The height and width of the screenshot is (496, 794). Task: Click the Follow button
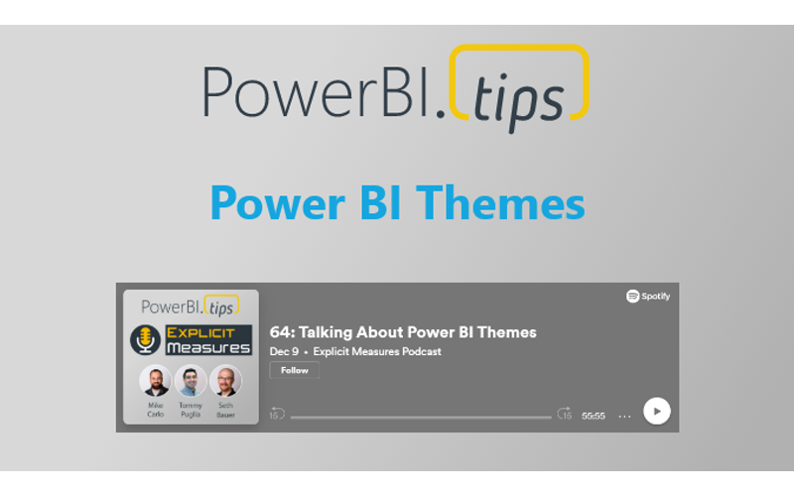click(x=294, y=370)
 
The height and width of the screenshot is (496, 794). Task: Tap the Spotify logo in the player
click(x=647, y=296)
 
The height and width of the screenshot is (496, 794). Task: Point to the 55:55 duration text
click(x=594, y=416)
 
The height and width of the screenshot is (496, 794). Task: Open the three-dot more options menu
click(x=624, y=416)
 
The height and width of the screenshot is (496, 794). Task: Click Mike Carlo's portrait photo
click(x=155, y=381)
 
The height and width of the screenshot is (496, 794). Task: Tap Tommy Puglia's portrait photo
click(x=191, y=381)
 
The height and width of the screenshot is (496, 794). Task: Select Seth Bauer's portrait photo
click(x=225, y=381)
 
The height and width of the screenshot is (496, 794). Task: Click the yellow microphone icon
click(x=146, y=340)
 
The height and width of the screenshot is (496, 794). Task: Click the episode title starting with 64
click(x=403, y=332)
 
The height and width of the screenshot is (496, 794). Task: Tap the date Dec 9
click(x=284, y=351)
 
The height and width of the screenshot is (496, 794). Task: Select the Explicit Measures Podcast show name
click(x=377, y=351)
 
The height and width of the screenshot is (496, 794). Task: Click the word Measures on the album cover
click(x=208, y=347)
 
